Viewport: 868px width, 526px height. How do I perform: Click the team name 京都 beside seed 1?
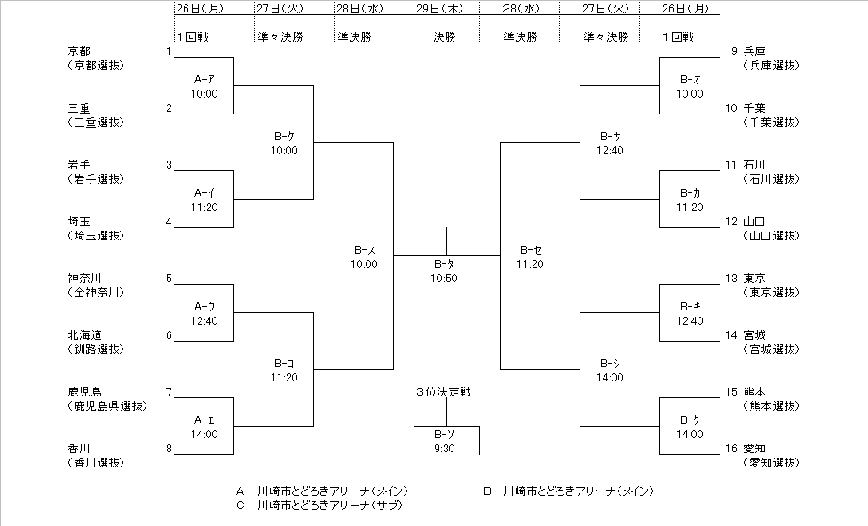click(79, 51)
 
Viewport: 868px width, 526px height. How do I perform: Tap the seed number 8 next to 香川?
click(169, 449)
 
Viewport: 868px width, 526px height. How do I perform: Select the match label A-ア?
click(204, 80)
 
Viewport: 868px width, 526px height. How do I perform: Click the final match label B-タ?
click(446, 264)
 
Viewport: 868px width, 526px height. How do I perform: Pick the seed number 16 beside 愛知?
click(730, 449)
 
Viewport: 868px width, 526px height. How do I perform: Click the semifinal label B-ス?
click(364, 250)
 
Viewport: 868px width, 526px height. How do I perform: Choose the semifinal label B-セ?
click(531, 250)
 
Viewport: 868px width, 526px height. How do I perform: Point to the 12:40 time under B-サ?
click(610, 150)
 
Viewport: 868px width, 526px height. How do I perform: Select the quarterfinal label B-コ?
click(284, 364)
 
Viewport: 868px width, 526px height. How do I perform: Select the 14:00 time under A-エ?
click(204, 434)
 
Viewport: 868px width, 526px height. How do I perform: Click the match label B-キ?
click(690, 307)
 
